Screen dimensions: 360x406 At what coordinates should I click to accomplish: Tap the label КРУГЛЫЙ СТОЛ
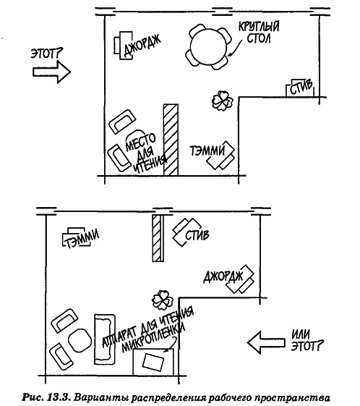258,33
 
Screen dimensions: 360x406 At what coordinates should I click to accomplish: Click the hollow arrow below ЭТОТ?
52,72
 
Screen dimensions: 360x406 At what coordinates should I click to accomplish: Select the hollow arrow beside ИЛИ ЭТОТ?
266,342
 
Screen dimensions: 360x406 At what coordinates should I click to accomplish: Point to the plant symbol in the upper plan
222,101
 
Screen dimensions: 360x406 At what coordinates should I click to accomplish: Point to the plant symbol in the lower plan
163,300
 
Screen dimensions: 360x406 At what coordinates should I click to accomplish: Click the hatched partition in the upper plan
171,140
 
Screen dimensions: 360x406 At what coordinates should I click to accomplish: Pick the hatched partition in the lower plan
158,238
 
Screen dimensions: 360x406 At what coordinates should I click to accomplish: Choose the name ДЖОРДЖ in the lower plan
223,276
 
